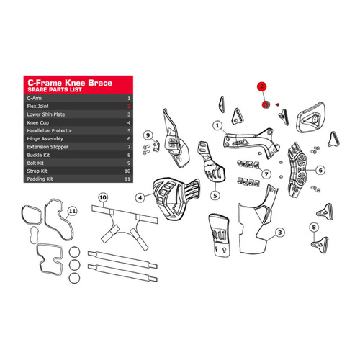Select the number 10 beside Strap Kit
click(127, 171)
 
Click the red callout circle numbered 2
click(264, 85)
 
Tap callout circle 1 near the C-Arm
click(216, 125)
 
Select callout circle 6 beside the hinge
click(321, 171)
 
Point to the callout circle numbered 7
click(266, 174)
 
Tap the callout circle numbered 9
click(147, 135)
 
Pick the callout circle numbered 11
click(72, 211)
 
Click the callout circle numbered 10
click(103, 197)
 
